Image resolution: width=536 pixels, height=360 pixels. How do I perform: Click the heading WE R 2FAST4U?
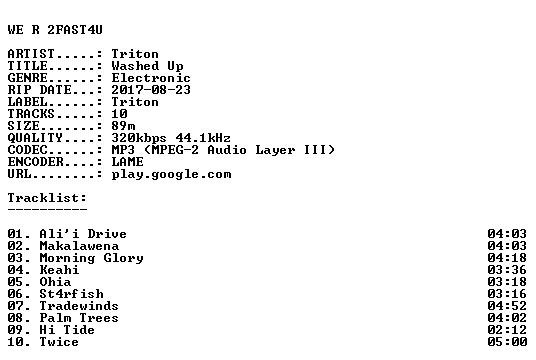pyautogui.click(x=55, y=30)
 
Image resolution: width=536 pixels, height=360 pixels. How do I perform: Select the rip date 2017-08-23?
pyautogui.click(x=151, y=90)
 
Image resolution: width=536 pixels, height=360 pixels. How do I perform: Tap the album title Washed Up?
pyautogui.click(x=147, y=66)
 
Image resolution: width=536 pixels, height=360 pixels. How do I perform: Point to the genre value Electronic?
pyautogui.click(x=151, y=78)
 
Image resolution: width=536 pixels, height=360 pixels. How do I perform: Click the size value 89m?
pyautogui.click(x=123, y=126)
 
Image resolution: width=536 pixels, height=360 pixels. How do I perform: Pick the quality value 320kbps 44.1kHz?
pyautogui.click(x=171, y=138)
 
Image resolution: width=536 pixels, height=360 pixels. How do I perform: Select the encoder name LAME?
pyautogui.click(x=128, y=162)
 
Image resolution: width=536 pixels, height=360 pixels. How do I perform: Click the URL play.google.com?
pyautogui.click(x=171, y=174)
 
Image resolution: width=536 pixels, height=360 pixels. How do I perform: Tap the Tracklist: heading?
pyautogui.click(x=47, y=198)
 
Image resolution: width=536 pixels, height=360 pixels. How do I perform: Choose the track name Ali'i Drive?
pyautogui.click(x=83, y=234)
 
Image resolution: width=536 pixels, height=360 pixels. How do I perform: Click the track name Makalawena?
pyautogui.click(x=79, y=246)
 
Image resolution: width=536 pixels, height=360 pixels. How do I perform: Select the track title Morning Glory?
pyautogui.click(x=92, y=258)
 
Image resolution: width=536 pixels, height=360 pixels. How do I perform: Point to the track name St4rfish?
pyautogui.click(x=71, y=294)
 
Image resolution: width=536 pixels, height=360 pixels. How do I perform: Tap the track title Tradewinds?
pyautogui.click(x=79, y=306)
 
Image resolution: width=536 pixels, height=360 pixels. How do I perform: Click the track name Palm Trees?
pyautogui.click(x=79, y=318)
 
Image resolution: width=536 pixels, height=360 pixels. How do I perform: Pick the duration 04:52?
pyautogui.click(x=507, y=306)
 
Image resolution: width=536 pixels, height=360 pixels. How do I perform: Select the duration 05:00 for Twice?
pyautogui.click(x=507, y=342)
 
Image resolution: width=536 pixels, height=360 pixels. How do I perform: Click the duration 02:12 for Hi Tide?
pyautogui.click(x=507, y=330)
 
